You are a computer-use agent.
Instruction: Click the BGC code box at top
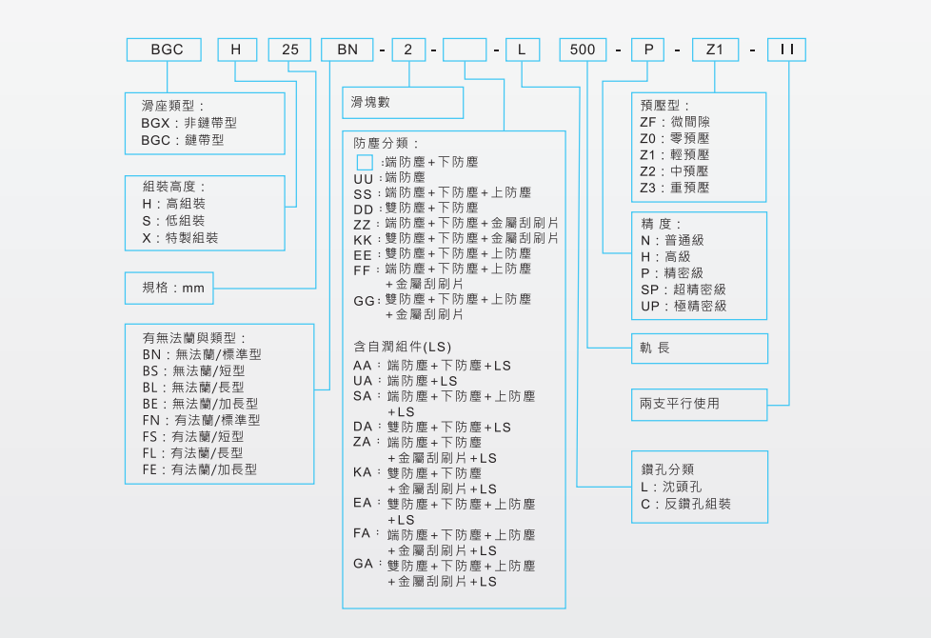[x=167, y=50]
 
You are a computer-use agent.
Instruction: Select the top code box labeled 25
[x=289, y=50]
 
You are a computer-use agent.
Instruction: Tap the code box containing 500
[x=583, y=50]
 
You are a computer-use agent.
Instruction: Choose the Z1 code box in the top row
[x=715, y=50]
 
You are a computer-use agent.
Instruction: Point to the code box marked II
[x=786, y=50]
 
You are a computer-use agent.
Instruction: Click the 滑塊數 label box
[x=403, y=102]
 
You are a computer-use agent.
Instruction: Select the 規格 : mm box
[x=170, y=287]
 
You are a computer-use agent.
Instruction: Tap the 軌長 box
[x=699, y=349]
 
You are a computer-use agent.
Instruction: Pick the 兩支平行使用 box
[x=699, y=404]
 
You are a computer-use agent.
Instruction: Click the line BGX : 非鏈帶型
[x=188, y=123]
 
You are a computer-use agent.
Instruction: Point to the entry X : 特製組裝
[x=180, y=237]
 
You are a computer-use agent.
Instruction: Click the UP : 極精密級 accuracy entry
[x=683, y=306]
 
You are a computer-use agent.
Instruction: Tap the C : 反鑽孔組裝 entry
[x=685, y=503]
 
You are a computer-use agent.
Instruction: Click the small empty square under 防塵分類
[x=364, y=162]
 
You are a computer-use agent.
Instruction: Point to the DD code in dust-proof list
[x=363, y=208]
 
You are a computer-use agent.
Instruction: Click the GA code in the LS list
[x=363, y=565]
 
